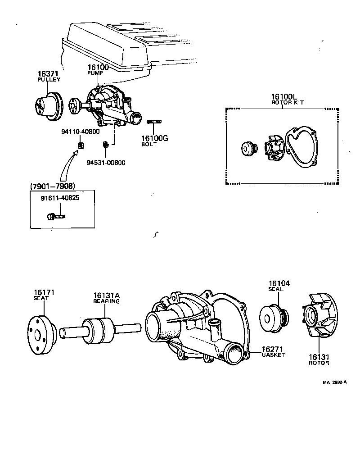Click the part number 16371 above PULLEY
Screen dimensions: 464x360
[48, 73]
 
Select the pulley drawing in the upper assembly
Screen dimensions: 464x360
[49, 106]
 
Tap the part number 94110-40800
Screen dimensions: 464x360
[80, 132]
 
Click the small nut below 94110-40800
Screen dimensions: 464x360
[81, 145]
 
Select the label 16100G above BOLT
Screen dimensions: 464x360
[154, 138]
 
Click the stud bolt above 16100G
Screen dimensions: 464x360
[154, 121]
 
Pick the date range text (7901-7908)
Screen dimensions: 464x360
[52, 186]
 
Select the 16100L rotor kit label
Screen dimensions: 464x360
[284, 97]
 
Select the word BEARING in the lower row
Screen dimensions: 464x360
[106, 301]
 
